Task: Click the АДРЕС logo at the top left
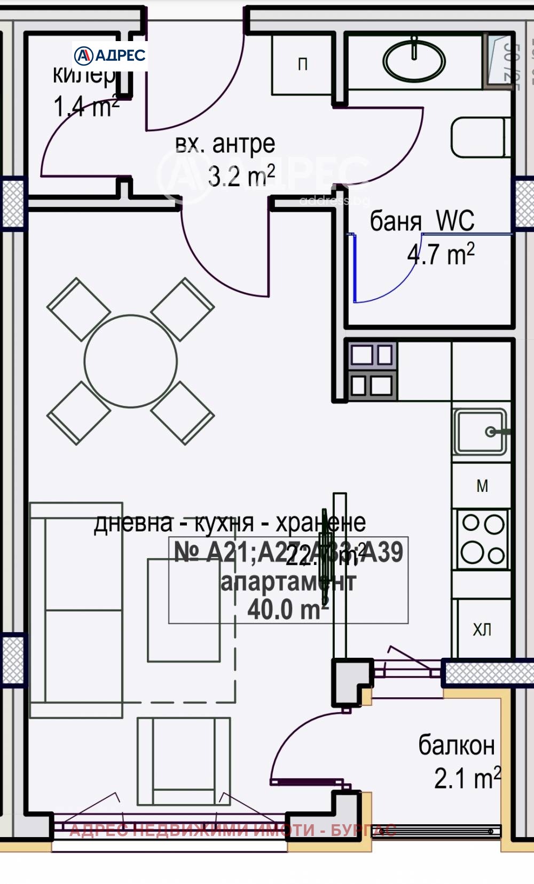(110, 55)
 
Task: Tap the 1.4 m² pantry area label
(85, 107)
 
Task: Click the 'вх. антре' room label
(225, 144)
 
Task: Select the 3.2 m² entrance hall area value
(241, 176)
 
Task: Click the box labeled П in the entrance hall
(302, 65)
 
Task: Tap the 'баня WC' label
(422, 220)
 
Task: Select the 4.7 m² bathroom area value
(441, 254)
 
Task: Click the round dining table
(131, 361)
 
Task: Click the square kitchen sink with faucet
(480, 432)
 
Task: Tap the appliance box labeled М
(482, 486)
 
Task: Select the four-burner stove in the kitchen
(482, 539)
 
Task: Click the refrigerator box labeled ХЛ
(482, 630)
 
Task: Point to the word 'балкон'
(456, 745)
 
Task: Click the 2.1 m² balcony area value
(467, 778)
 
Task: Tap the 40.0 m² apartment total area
(287, 609)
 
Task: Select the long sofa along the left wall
(76, 610)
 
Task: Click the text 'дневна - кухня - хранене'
(230, 523)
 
